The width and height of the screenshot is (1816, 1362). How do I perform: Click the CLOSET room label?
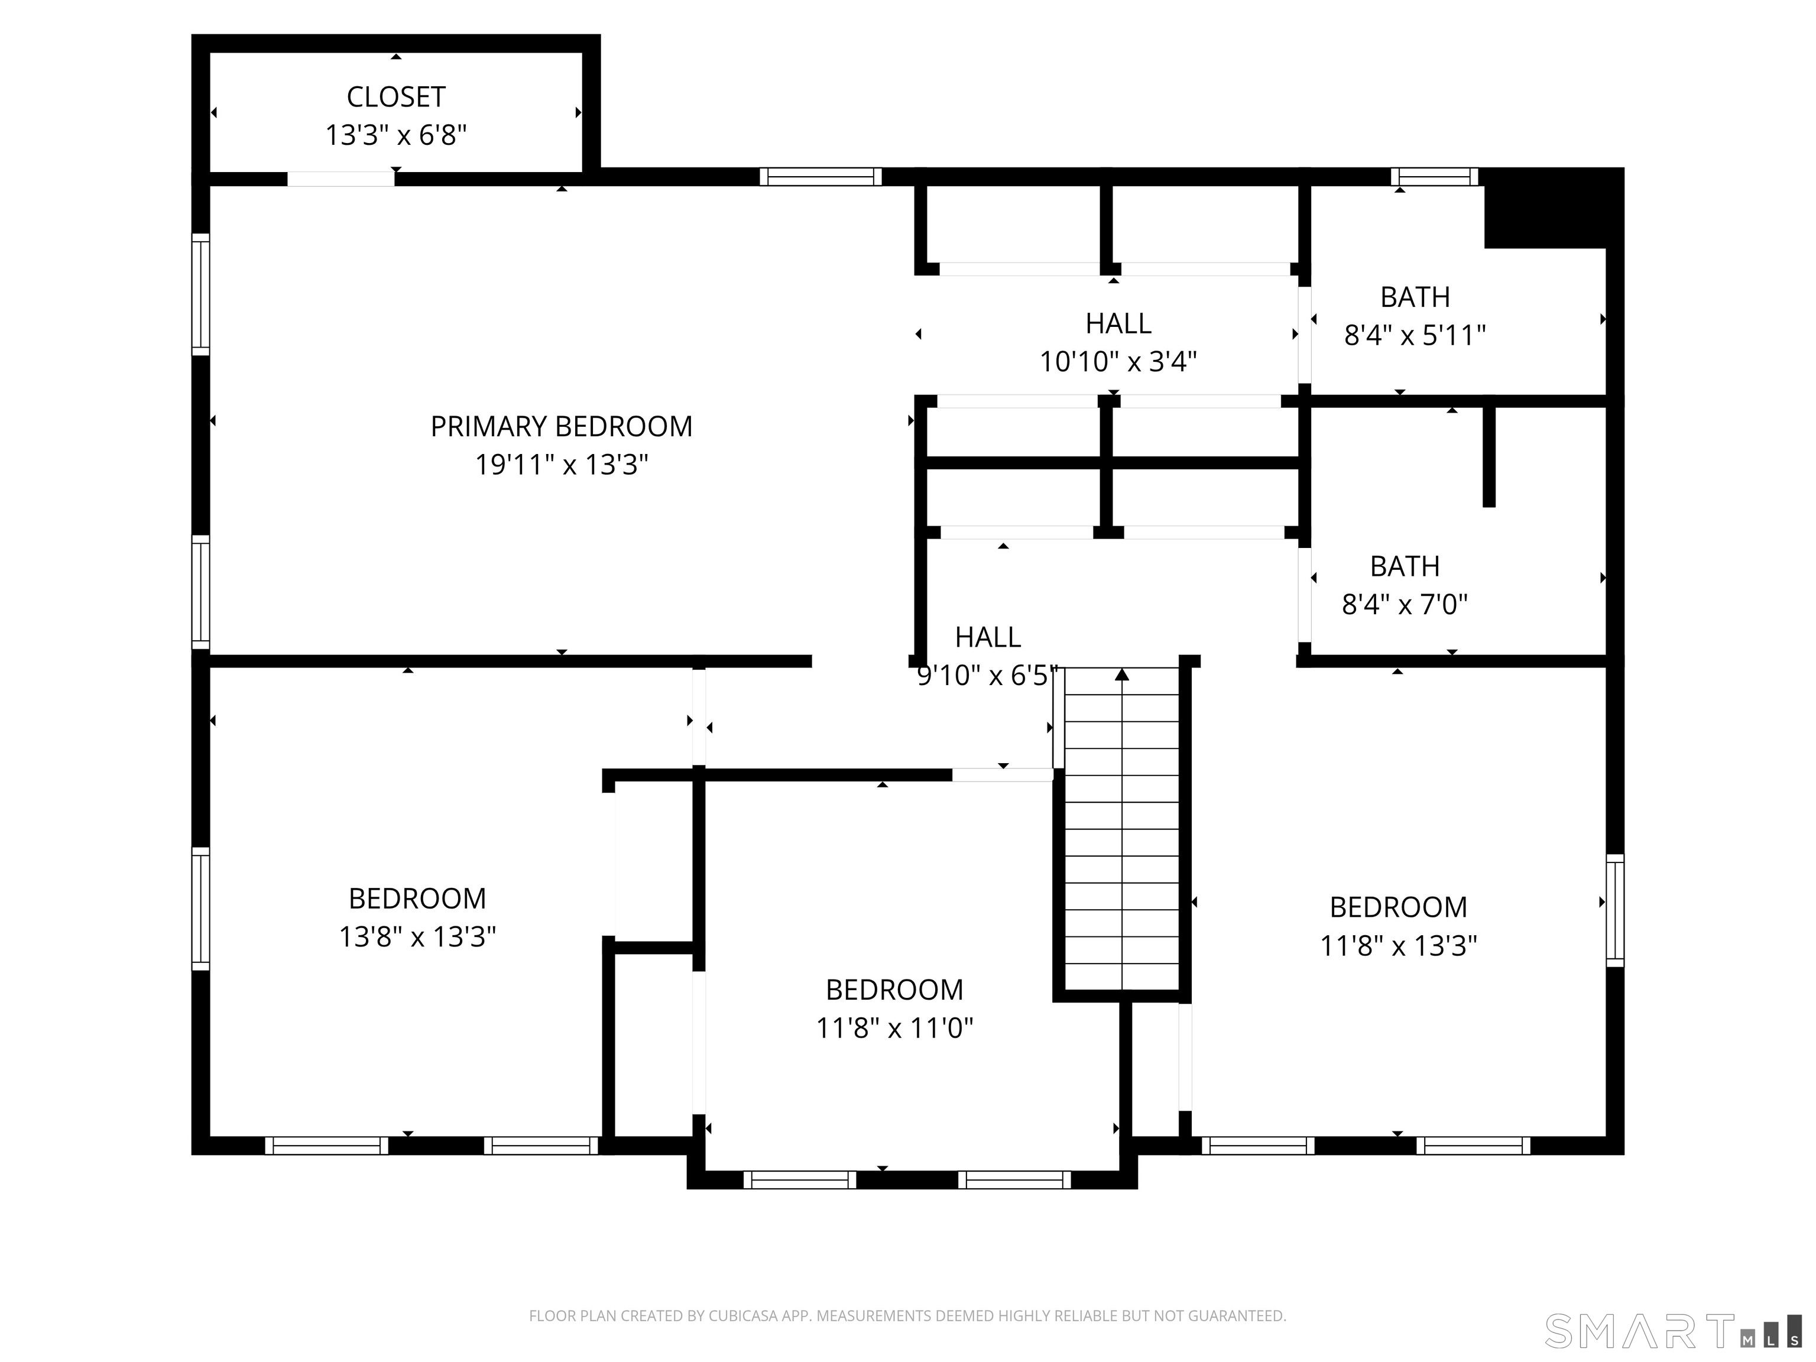click(395, 97)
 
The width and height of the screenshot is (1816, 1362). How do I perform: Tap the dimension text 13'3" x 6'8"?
click(395, 135)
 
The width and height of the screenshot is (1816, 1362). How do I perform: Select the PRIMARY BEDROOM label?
click(562, 426)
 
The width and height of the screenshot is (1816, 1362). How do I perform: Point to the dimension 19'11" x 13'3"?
click(562, 465)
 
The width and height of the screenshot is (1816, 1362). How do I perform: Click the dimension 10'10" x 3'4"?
click(1118, 361)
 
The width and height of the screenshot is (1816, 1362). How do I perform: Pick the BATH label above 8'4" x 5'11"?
click(1415, 296)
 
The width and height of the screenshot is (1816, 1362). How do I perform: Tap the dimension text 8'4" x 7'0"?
click(1405, 604)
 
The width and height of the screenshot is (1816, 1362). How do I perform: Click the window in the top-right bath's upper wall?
click(1434, 177)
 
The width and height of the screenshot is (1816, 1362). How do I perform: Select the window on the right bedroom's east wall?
click(1615, 910)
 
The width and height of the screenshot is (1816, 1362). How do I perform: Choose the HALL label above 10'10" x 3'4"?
click(1118, 323)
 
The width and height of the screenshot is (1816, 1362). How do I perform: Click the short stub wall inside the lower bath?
click(1489, 456)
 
